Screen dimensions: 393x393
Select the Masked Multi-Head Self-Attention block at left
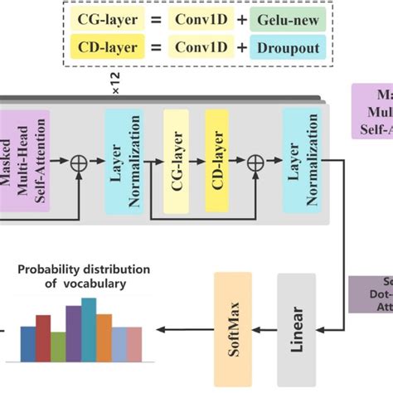point(24,159)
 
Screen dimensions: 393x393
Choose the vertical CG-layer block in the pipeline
point(177,159)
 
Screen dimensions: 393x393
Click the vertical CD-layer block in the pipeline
point(217,159)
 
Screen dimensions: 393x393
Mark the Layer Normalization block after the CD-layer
point(301,159)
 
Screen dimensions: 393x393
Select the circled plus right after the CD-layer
point(256,159)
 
